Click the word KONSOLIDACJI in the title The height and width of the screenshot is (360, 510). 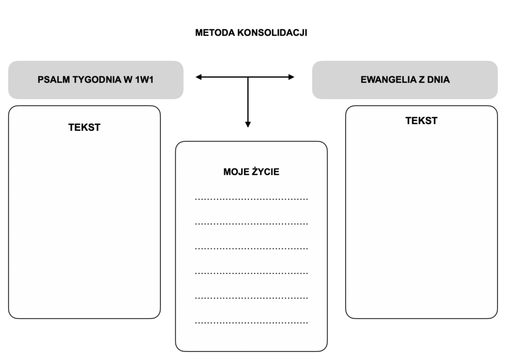coord(272,33)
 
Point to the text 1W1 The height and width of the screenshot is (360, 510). coord(144,80)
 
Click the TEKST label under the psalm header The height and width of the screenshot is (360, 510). coord(84,127)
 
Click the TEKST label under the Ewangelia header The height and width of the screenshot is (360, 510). coord(421,120)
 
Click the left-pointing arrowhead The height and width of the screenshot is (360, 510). coord(199,77)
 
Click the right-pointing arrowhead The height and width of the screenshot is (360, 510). coord(291,77)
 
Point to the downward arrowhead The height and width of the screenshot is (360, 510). coord(248,124)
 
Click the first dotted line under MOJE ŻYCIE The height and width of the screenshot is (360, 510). coord(251,199)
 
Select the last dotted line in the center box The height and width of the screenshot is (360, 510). coord(251,323)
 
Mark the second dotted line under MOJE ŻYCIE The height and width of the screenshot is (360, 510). coord(251,224)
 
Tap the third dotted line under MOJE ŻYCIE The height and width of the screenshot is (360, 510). coord(251,248)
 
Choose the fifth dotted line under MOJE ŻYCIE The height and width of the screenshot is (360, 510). coord(251,298)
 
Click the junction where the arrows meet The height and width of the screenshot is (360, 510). coord(248,77)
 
